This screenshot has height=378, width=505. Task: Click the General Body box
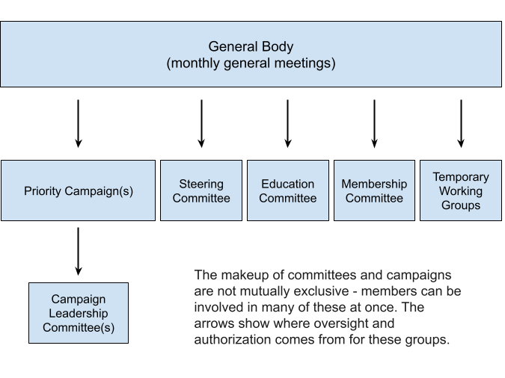pos(251,54)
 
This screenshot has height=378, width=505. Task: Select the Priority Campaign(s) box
pos(79,190)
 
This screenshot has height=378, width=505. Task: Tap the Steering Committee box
pos(201,190)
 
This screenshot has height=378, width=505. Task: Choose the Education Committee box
pos(288,190)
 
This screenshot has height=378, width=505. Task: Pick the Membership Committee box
pos(374,190)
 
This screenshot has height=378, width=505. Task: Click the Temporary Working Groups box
pos(461,190)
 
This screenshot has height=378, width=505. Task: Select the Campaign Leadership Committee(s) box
pos(79,313)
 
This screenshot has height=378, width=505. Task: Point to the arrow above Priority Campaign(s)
pos(79,123)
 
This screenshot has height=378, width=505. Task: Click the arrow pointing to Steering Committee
pos(201,123)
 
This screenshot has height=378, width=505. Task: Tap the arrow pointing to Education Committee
pos(288,123)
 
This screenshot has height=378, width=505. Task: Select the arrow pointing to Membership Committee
pos(374,123)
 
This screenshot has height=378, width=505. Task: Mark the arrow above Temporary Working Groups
pos(461,123)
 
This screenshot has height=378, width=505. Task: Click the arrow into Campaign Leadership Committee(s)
pos(79,252)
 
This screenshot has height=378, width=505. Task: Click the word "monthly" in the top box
pos(195,63)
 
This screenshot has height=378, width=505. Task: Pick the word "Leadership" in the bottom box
pos(79,313)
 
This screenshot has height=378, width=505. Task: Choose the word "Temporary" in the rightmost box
pos(461,177)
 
